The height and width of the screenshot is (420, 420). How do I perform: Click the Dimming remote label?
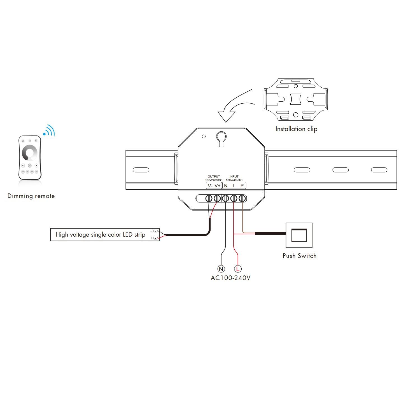(x=31, y=196)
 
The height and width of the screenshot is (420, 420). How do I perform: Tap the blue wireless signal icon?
(x=49, y=130)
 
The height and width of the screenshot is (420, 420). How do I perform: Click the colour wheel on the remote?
(x=30, y=153)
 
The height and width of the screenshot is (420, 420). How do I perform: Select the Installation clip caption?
(x=296, y=129)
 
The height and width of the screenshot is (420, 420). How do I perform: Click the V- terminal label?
(x=210, y=185)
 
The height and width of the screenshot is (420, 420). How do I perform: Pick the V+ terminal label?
(x=218, y=185)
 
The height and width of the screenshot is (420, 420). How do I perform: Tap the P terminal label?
(x=242, y=185)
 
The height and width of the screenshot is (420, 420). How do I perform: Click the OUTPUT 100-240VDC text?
(x=214, y=178)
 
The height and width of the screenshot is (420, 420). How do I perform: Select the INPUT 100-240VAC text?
(x=234, y=178)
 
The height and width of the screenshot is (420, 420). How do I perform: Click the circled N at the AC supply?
(x=221, y=269)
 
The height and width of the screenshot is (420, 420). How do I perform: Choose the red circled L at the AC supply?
(x=237, y=269)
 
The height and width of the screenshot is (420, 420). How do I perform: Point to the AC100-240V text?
(x=230, y=278)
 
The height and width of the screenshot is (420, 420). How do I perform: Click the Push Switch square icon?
(x=299, y=235)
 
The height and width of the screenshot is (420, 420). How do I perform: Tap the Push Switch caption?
(x=299, y=256)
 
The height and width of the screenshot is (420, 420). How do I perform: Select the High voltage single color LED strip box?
(x=105, y=235)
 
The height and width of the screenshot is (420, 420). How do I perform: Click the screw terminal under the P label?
(x=242, y=199)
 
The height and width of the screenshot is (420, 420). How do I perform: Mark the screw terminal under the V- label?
(x=209, y=199)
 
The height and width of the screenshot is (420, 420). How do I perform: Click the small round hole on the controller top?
(x=204, y=136)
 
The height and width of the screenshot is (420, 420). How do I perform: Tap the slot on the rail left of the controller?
(x=141, y=170)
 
